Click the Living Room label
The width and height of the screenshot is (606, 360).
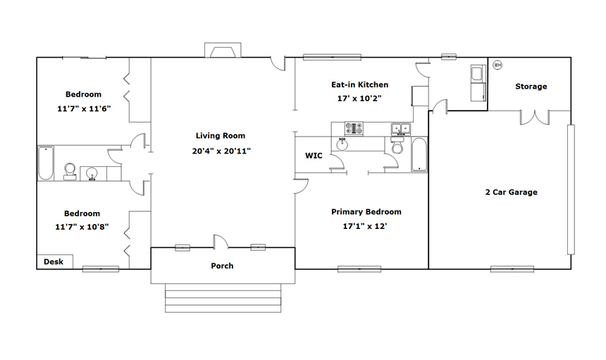[x=221, y=135]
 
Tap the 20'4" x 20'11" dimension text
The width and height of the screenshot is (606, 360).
[x=221, y=151]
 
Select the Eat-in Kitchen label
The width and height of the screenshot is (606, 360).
[x=360, y=85]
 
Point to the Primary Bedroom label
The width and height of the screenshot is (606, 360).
[x=366, y=211]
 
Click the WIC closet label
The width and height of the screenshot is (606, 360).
[x=314, y=156]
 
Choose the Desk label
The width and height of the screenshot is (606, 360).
[x=54, y=261]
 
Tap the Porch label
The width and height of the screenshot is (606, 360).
[x=222, y=266]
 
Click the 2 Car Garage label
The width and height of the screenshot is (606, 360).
[x=512, y=192]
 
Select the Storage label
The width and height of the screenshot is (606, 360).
[x=531, y=87]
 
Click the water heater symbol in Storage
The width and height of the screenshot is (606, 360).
[x=497, y=66]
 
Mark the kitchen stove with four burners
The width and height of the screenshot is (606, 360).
[x=354, y=128]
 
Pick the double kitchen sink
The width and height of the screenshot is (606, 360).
[x=401, y=128]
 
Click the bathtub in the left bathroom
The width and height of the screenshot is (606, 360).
[x=46, y=163]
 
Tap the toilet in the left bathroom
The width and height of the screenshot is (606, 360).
[x=70, y=171]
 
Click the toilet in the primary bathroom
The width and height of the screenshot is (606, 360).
[x=397, y=145]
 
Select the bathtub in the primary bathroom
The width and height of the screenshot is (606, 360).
[x=419, y=154]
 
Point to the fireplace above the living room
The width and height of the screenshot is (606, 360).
[x=223, y=50]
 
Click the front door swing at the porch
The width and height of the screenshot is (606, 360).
[x=221, y=241]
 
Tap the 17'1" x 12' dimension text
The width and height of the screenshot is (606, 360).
[x=365, y=226]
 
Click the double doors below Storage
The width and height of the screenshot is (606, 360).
[x=535, y=118]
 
